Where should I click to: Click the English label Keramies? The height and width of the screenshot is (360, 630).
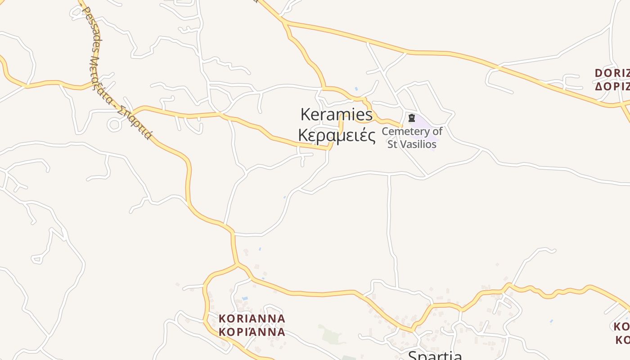pyautogui.click(x=336, y=115)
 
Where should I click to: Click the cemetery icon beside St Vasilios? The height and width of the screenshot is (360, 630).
pyautogui.click(x=411, y=118)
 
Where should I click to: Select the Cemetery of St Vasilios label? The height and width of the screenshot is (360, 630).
pyautogui.click(x=412, y=138)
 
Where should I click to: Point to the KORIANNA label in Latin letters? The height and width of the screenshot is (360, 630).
pyautogui.click(x=252, y=319)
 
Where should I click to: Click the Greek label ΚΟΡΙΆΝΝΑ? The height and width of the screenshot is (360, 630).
pyautogui.click(x=252, y=332)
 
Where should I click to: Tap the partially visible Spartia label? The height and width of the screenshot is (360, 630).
pyautogui.click(x=435, y=355)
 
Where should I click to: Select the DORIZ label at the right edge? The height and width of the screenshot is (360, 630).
pyautogui.click(x=612, y=73)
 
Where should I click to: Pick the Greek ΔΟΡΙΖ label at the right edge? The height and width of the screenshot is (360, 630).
pyautogui.click(x=612, y=86)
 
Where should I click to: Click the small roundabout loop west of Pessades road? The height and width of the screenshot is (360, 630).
pyautogui.click(x=114, y=125)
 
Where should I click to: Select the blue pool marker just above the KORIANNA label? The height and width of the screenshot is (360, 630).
pyautogui.click(x=245, y=298)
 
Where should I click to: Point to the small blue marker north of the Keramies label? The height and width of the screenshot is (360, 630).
pyautogui.click(x=356, y=89)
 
